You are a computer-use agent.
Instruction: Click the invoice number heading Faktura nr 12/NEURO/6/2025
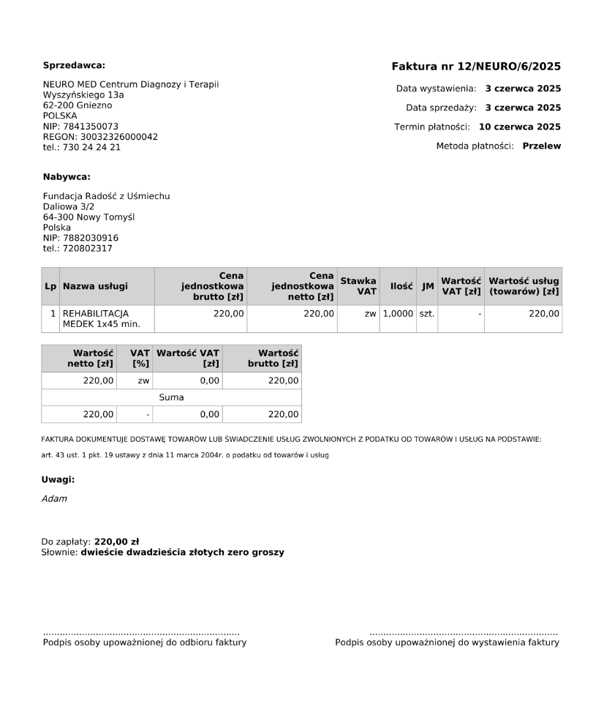[476, 67]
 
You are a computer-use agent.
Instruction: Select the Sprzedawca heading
[74, 65]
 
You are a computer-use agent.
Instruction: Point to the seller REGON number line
[100, 137]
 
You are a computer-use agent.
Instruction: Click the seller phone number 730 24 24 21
[82, 147]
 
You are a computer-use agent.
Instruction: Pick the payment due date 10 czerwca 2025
[520, 127]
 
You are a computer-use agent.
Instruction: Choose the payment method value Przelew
[542, 146]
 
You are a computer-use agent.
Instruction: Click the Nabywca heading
[67, 176]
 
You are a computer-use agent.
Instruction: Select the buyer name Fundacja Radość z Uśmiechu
[106, 196]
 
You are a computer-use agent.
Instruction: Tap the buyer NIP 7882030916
[80, 238]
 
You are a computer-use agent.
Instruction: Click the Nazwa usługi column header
[95, 286]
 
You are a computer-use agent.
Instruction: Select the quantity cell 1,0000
[397, 313]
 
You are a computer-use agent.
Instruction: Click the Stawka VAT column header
[358, 286]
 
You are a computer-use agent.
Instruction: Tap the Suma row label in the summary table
[171, 397]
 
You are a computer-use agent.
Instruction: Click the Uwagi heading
[58, 480]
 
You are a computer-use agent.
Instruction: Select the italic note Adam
[54, 499]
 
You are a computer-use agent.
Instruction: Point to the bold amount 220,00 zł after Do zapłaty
[117, 542]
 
